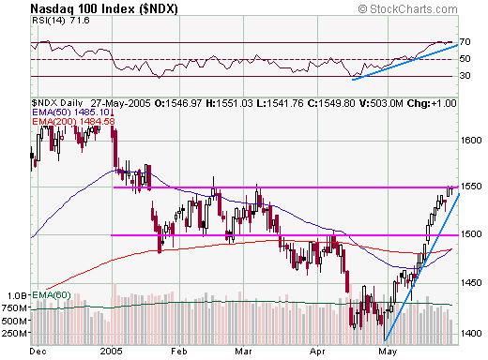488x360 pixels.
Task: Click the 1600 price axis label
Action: pyautogui.click(x=471, y=141)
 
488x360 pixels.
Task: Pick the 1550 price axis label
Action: pyautogui.click(x=471, y=187)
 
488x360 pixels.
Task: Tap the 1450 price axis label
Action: pyautogui.click(x=471, y=281)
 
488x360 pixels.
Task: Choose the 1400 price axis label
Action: pyautogui.click(x=471, y=330)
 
